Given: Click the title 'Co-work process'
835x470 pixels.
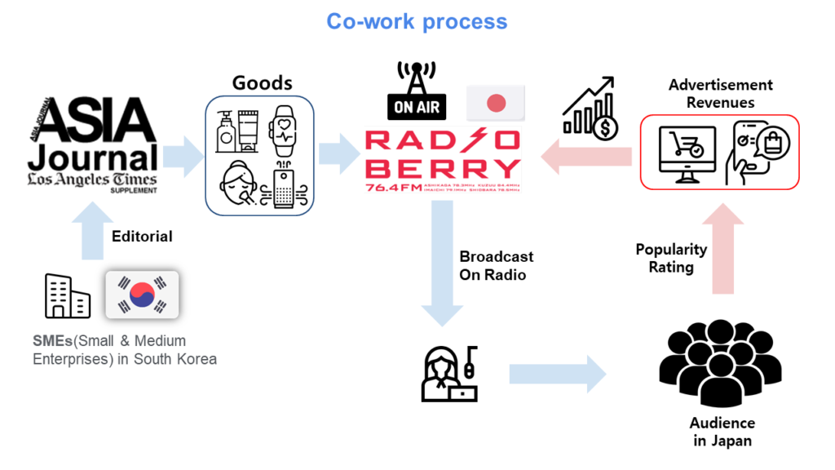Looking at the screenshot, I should tap(417, 21).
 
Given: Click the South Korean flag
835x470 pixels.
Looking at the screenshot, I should tap(142, 295).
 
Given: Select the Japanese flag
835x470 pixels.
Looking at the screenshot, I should tap(496, 103).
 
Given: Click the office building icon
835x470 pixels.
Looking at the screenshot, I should tap(67, 295).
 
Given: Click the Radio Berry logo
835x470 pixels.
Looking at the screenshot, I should tap(443, 158).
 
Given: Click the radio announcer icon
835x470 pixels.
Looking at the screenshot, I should tap(449, 375).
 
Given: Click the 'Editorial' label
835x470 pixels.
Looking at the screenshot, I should tap(142, 236).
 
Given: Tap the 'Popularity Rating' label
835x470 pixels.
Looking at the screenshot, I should tap(670, 258).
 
